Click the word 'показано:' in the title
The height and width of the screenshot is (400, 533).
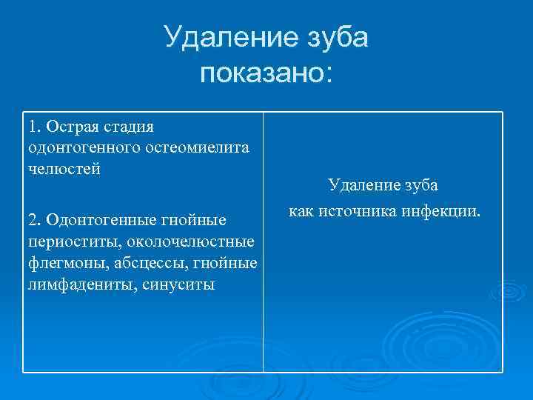pyautogui.click(x=266, y=74)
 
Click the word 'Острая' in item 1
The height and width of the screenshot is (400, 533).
pyautogui.click(x=70, y=127)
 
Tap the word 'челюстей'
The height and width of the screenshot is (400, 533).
pyautogui.click(x=63, y=168)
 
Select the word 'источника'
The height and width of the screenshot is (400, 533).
pyautogui.click(x=352, y=212)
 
